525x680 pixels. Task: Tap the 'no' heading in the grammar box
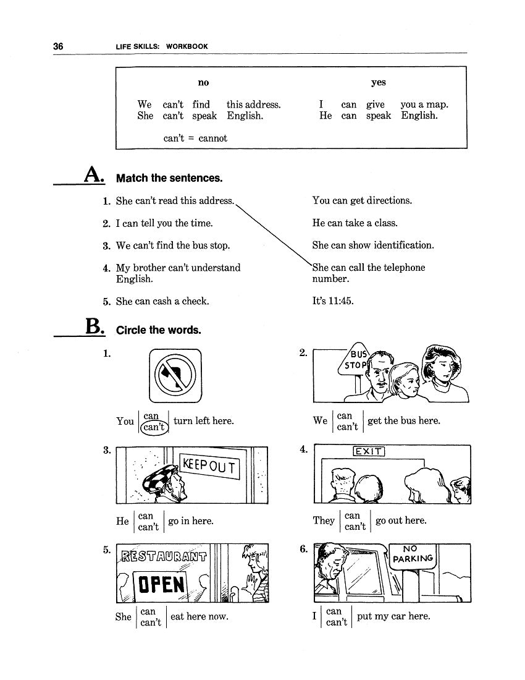[x=203, y=83]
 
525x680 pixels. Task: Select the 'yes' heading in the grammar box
[x=378, y=83]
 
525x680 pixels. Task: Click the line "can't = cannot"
[x=195, y=138]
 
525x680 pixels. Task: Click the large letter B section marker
[x=94, y=328]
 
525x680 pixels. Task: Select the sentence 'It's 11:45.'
[x=333, y=302]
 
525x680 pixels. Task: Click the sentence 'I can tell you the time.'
[x=164, y=223]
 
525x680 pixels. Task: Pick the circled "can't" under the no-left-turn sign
[x=152, y=427]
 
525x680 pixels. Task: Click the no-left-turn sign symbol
[x=175, y=375]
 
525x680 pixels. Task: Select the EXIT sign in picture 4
[x=369, y=451]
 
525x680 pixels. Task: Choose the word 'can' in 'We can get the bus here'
[x=345, y=416]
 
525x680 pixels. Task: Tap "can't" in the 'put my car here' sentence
[x=337, y=623]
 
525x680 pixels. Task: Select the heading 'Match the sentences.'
[x=169, y=179]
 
